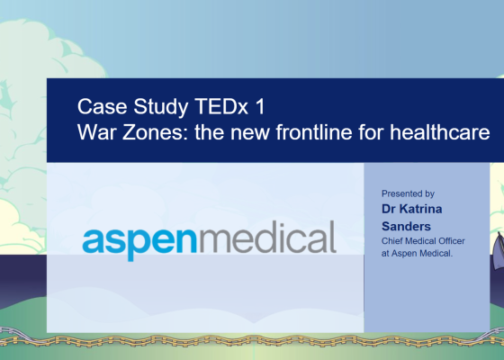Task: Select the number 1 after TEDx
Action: [x=261, y=106]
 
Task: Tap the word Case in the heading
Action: [x=103, y=106]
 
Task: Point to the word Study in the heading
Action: [x=161, y=107]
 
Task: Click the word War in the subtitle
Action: [x=97, y=131]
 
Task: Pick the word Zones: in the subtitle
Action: [x=155, y=131]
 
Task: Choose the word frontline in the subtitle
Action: [x=314, y=131]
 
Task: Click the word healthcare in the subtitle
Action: [x=440, y=131]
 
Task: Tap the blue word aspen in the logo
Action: [x=139, y=242]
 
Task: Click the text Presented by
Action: [x=408, y=193]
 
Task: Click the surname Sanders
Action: [x=406, y=226]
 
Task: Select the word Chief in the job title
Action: [x=391, y=241]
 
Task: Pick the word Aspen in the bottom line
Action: [x=404, y=254]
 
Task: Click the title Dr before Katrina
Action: [x=388, y=209]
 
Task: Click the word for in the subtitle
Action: [x=371, y=131]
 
